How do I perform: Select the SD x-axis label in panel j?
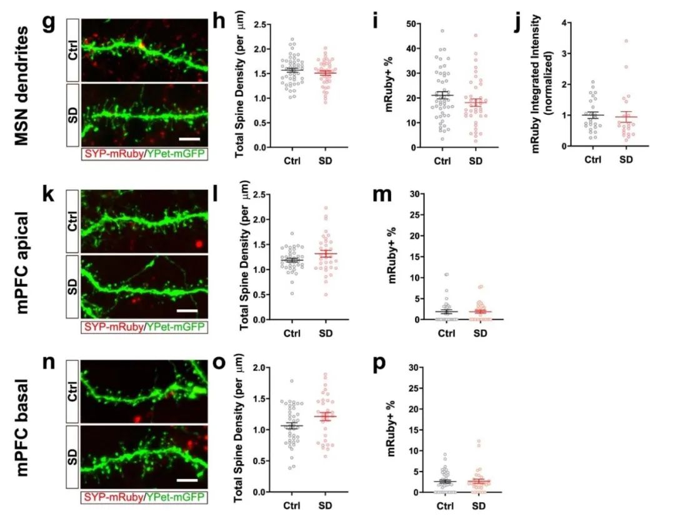[x=626, y=159]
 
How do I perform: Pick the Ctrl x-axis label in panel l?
[x=291, y=332]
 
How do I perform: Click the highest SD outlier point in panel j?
[x=626, y=41]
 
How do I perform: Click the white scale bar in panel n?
[x=187, y=480]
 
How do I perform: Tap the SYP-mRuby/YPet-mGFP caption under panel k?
[x=144, y=326]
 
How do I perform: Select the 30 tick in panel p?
[x=412, y=367]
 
